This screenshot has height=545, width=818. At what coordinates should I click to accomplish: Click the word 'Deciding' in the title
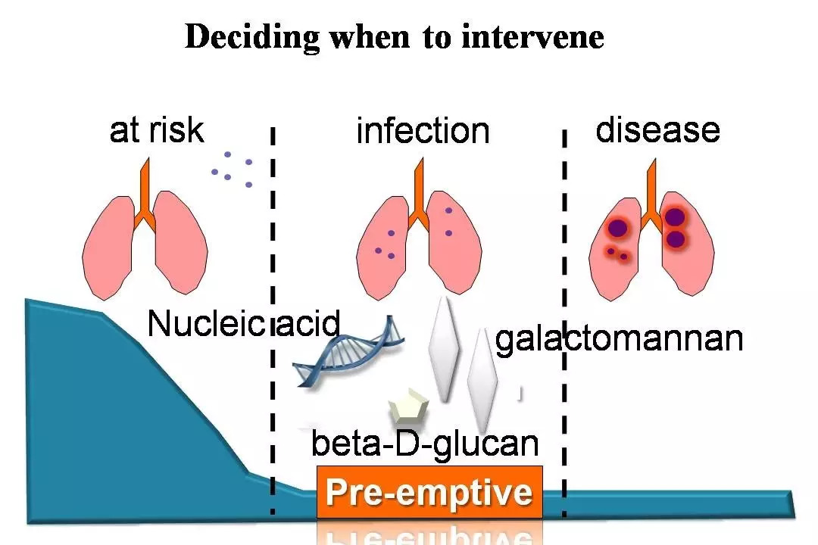point(252,38)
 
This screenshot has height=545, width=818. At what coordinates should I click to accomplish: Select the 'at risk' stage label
point(157,130)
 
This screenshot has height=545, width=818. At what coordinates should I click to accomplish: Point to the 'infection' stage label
point(423,131)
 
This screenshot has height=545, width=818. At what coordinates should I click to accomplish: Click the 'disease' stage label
point(658,129)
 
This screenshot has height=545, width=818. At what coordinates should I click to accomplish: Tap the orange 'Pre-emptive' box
point(429,492)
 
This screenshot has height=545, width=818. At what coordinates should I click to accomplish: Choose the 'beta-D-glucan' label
point(425,444)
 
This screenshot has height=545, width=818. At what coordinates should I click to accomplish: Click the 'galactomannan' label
point(619,339)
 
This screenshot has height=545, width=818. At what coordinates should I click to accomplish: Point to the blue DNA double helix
point(348,352)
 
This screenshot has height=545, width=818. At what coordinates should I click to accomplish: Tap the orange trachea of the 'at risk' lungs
point(145,195)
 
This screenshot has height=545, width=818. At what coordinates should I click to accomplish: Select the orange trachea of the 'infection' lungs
point(418,195)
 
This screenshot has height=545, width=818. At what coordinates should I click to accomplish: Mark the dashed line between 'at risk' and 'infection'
point(273,321)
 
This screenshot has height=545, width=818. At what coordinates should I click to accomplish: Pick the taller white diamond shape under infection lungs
point(443,350)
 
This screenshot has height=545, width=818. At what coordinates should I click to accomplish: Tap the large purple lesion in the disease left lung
point(617,228)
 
